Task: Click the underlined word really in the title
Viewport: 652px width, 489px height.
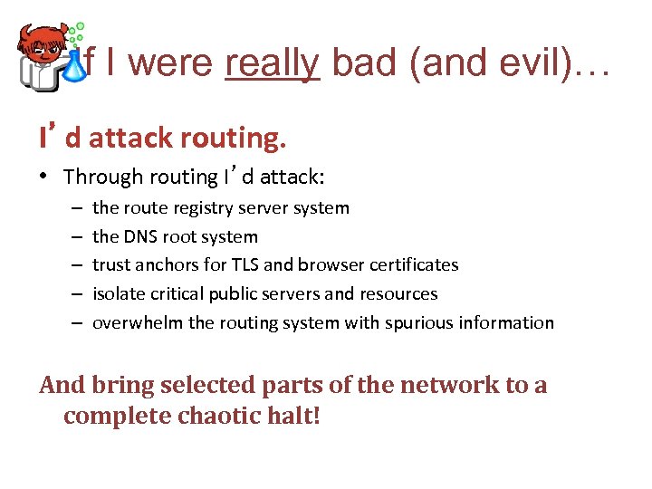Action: point(273,62)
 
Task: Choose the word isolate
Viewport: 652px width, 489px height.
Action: point(119,293)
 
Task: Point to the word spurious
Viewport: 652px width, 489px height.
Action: point(409,322)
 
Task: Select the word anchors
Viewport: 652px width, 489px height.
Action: point(173,264)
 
